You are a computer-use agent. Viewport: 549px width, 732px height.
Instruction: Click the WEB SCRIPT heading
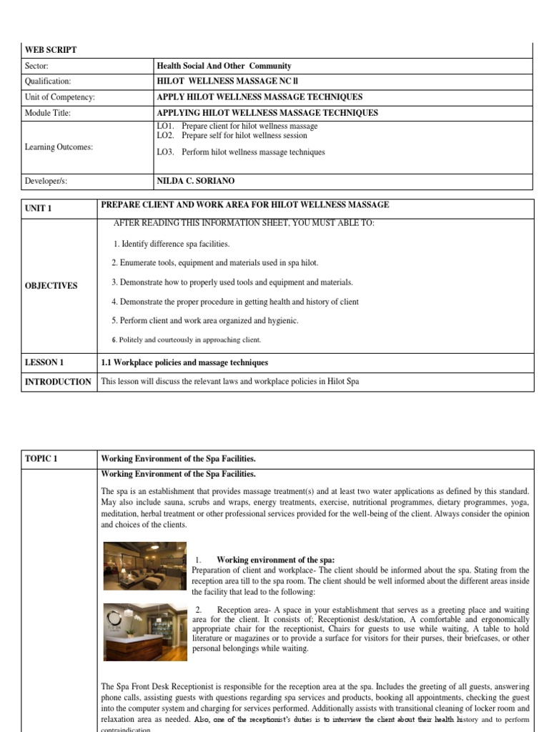[x=51, y=50]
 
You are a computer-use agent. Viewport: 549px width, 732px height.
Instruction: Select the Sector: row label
[x=36, y=66]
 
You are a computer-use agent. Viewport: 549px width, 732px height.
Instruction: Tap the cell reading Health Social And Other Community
[x=224, y=66]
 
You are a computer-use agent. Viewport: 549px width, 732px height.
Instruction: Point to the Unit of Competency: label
[x=59, y=97]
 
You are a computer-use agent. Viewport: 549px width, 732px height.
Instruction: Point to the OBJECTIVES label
[x=51, y=285]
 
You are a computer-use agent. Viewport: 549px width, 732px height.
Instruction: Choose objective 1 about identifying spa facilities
[x=172, y=244]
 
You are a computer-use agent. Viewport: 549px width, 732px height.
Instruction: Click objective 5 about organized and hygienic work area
[x=204, y=320]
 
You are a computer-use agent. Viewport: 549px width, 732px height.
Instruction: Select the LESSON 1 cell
[x=44, y=362]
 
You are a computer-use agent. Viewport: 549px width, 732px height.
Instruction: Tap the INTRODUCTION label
[x=58, y=382]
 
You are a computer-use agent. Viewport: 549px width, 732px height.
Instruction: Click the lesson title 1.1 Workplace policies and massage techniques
[x=184, y=362]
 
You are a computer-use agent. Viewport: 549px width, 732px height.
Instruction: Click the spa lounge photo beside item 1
[x=145, y=565]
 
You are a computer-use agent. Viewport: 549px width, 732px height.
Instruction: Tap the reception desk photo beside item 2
[x=145, y=631]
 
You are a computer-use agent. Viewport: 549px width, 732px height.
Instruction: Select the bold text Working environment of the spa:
[x=275, y=559]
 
